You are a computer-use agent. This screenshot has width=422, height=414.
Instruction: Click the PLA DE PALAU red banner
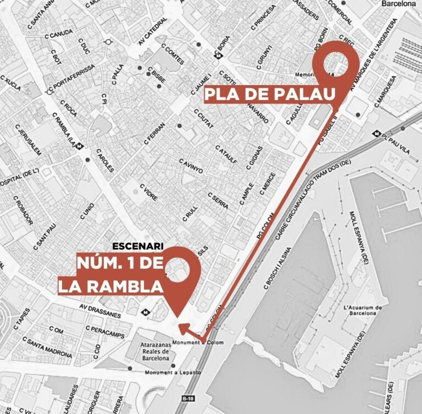pyautogui.click(x=270, y=95)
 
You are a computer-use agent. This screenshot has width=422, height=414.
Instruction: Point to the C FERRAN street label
pyautogui.click(x=154, y=133)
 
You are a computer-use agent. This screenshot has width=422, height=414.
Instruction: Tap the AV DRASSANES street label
pyautogui.click(x=100, y=310)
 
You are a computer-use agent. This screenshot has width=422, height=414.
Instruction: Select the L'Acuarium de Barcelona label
pyautogui.click(x=362, y=310)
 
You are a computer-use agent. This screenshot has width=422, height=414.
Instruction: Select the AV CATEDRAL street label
pyautogui.click(x=152, y=35)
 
